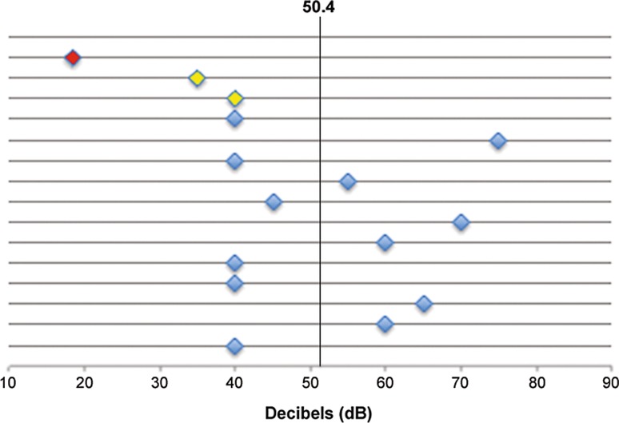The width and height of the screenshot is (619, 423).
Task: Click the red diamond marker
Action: [x=73, y=58]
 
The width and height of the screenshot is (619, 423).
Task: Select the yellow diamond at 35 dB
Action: [x=197, y=78]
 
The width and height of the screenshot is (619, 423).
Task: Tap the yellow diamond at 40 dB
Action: [x=234, y=98]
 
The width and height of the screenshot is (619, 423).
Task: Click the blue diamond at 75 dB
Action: [x=497, y=141]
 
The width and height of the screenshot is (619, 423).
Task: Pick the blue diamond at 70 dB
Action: [x=461, y=222]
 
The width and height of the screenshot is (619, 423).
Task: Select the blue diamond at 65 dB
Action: [x=424, y=304]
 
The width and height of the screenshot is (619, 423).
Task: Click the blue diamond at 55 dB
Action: [x=348, y=182]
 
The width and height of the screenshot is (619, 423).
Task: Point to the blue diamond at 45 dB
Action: [x=274, y=202]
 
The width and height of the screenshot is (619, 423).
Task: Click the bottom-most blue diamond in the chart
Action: [x=234, y=346]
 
